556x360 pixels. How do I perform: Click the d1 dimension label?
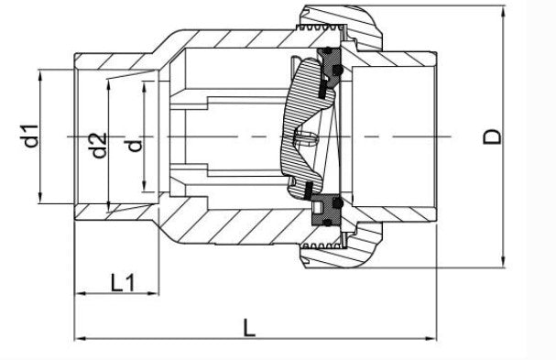[31, 137]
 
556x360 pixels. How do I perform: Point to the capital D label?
[492, 136]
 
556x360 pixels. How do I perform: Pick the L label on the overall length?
[248, 326]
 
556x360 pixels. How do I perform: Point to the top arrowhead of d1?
[40, 72]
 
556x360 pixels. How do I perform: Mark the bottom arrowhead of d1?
[40, 199]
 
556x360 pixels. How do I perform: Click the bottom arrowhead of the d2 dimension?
[110, 207]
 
